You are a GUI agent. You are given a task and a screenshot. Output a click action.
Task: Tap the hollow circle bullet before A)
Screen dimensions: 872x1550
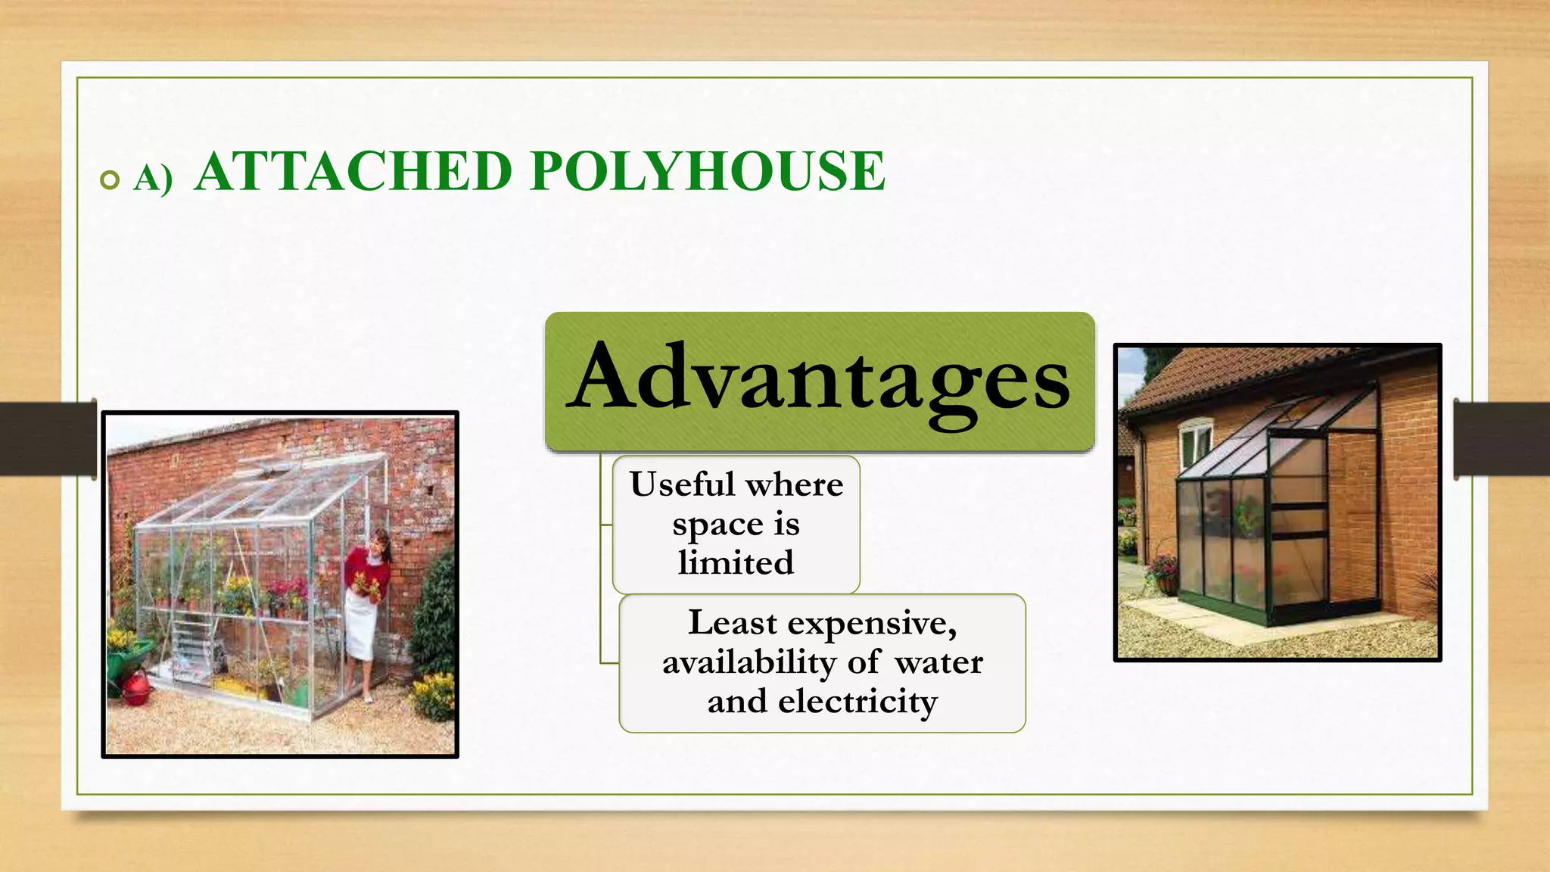[110, 180]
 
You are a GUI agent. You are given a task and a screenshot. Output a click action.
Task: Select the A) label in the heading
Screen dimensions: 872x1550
[153, 179]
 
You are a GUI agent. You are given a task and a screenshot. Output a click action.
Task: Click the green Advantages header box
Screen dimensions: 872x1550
[820, 381]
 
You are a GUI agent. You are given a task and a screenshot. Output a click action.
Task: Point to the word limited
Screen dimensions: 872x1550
[736, 563]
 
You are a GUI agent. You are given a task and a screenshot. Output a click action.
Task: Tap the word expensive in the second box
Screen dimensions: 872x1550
[870, 623]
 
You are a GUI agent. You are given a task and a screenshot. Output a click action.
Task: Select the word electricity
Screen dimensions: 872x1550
[857, 702]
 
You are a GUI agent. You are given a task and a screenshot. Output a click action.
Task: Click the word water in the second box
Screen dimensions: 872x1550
[938, 662]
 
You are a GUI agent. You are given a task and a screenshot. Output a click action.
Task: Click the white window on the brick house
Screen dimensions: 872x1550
[1196, 444]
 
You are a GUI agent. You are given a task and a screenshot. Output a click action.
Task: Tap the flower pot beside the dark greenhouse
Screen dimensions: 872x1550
[1167, 584]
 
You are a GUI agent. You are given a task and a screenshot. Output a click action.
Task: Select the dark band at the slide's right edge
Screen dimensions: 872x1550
[1502, 439]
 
